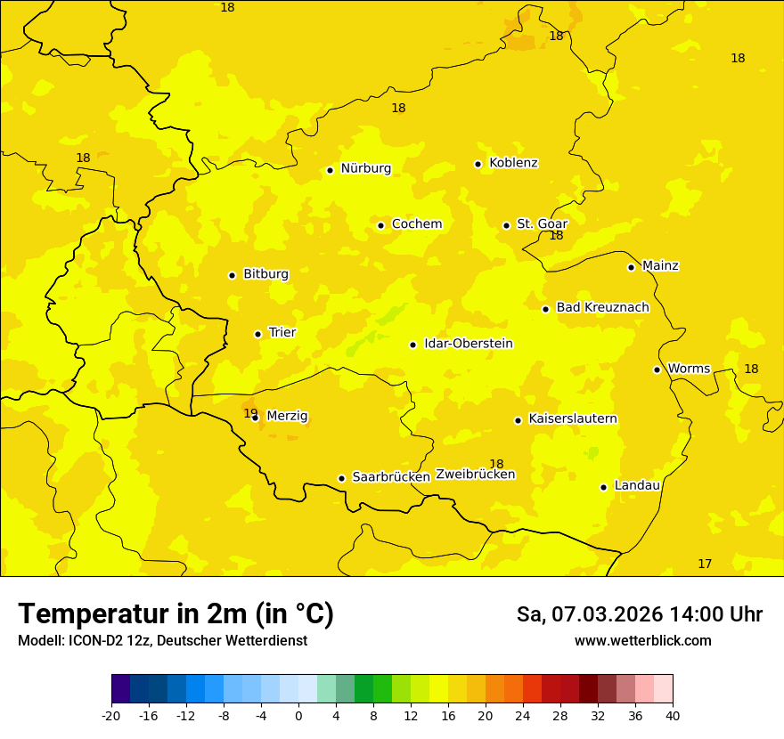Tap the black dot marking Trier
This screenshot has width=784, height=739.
pyautogui.click(x=258, y=334)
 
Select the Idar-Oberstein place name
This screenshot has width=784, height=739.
pyautogui.click(x=469, y=344)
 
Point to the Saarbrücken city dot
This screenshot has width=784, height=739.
pyautogui.click(x=341, y=478)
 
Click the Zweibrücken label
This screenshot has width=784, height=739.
pyautogui.click(x=475, y=475)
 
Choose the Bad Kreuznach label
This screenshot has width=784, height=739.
pyautogui.click(x=602, y=307)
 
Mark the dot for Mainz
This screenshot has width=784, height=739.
pyautogui.click(x=631, y=267)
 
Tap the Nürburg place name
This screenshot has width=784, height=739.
pyautogui.click(x=365, y=168)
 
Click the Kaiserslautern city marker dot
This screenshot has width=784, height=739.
pyautogui.click(x=518, y=420)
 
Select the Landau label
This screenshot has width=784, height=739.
pyautogui.click(x=637, y=485)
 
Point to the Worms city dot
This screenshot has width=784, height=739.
pyautogui.click(x=657, y=369)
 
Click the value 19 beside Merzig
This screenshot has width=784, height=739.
pyautogui.click(x=250, y=413)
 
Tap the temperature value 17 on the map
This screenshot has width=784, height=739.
pyautogui.click(x=705, y=564)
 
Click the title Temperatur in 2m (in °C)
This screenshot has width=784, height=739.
pyautogui.click(x=176, y=614)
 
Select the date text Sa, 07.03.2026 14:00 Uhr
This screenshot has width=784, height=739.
pyautogui.click(x=639, y=614)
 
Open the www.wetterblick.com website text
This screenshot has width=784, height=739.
pyautogui.click(x=642, y=641)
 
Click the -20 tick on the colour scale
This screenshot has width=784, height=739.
pyautogui.click(x=111, y=716)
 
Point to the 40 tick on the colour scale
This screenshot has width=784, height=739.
pyautogui.click(x=673, y=716)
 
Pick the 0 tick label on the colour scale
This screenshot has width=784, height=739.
pyautogui.click(x=298, y=716)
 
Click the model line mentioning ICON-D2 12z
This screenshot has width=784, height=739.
pyautogui.click(x=162, y=641)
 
